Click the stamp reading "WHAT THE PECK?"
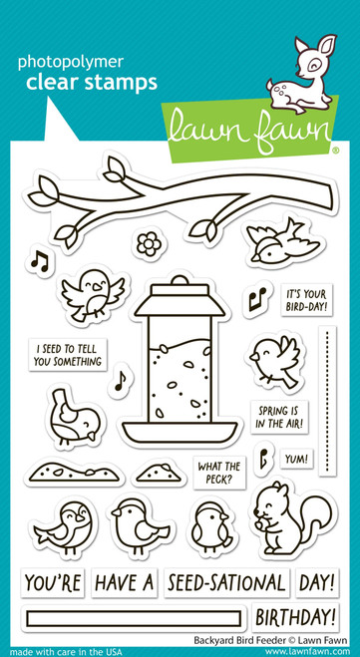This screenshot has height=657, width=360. [x=220, y=473]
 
